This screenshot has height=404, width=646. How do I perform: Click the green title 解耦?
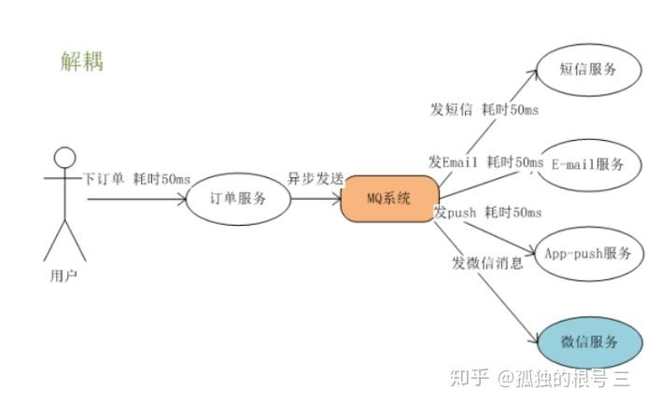(81, 62)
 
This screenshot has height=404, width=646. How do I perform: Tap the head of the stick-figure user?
(63, 158)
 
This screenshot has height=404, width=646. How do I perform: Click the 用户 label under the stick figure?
(63, 275)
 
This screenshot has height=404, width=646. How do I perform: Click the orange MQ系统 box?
(388, 198)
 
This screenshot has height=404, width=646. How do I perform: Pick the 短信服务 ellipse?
(588, 68)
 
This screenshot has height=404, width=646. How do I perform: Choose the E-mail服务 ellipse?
(587, 164)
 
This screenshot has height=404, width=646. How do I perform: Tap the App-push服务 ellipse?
(587, 253)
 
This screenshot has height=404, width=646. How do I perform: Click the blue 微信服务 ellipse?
(590, 341)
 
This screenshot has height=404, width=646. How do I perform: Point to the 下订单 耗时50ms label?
(136, 178)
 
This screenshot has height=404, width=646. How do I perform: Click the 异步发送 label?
(315, 178)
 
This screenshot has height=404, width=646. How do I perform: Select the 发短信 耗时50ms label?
(484, 109)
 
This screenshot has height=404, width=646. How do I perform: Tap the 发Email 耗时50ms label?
(485, 162)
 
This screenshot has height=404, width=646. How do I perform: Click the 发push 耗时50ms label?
(487, 213)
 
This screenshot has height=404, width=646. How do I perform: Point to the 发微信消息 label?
(487, 262)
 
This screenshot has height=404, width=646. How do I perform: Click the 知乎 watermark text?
(469, 378)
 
